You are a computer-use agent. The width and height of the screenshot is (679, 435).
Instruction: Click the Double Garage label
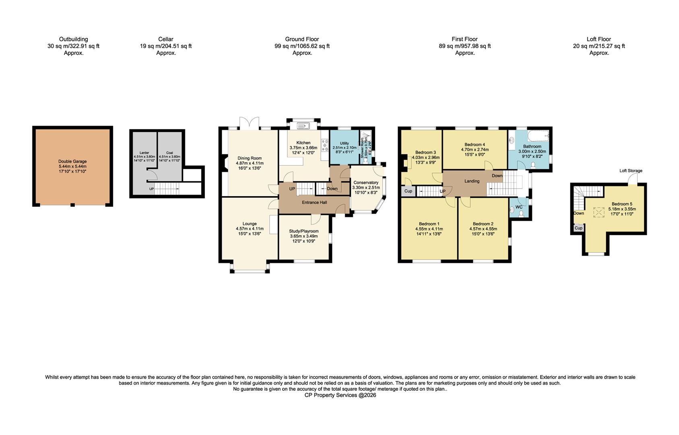pyautogui.click(x=72, y=162)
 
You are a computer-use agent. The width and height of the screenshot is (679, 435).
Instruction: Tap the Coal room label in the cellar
pyautogui.click(x=169, y=153)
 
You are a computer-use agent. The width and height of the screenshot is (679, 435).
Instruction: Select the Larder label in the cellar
pyautogui.click(x=144, y=153)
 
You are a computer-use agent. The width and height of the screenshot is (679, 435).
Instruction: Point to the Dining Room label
pyautogui.click(x=250, y=158)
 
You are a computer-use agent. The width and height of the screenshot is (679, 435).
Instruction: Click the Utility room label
pyautogui.click(x=344, y=143)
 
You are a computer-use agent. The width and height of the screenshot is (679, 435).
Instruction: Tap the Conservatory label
pyautogui.click(x=365, y=182)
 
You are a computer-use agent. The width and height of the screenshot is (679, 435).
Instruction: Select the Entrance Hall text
pyautogui.click(x=315, y=203)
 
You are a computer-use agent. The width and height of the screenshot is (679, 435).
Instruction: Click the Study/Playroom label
pyautogui.click(x=303, y=231)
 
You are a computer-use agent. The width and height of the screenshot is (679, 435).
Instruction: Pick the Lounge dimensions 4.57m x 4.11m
pyautogui.click(x=250, y=228)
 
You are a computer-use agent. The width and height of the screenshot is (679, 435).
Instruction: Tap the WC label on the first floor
pyautogui.click(x=519, y=207)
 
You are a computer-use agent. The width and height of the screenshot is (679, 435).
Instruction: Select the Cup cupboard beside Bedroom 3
pyautogui.click(x=408, y=191)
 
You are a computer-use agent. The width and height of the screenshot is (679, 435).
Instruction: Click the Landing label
pyautogui.click(x=472, y=181)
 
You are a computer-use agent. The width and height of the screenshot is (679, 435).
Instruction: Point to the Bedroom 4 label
pyautogui.click(x=475, y=145)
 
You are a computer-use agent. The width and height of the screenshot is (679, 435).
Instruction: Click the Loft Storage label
pyautogui.click(x=631, y=171)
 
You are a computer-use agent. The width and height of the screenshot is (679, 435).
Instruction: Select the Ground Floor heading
pyautogui.click(x=302, y=39)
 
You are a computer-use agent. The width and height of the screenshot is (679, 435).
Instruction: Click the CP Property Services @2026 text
pyautogui.click(x=340, y=395)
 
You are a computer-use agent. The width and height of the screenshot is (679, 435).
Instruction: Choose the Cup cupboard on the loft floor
pyautogui.click(x=578, y=228)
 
